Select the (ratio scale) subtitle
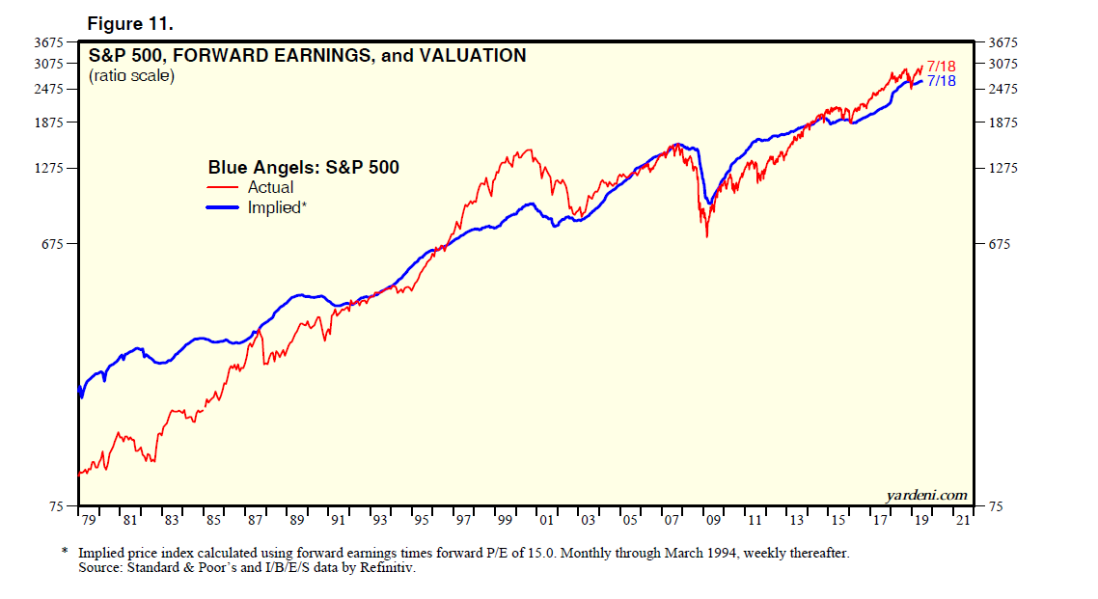(131, 75)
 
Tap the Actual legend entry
(270, 188)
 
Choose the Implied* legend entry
(277, 207)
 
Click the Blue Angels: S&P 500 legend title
(303, 168)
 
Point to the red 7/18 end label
(941, 67)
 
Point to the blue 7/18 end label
(941, 81)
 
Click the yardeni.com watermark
(926, 495)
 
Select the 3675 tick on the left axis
(47, 42)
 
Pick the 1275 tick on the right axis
(1004, 169)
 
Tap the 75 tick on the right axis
(997, 507)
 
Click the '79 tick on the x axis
(88, 521)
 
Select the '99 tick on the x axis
(505, 521)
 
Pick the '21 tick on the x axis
(962, 521)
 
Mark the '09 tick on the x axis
(713, 521)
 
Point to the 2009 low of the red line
(707, 236)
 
